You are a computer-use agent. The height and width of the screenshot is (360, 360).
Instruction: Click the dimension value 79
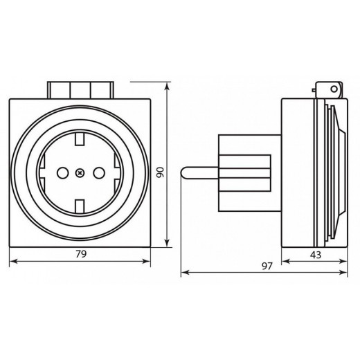point(80,254)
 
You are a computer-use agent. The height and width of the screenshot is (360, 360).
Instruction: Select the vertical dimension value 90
point(160,172)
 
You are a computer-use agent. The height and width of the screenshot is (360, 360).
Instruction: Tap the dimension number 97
point(268,266)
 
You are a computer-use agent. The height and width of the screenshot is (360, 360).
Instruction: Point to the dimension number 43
point(315,254)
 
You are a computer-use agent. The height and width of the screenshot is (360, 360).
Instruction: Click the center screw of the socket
point(80,172)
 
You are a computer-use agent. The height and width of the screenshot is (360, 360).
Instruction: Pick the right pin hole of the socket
point(98,172)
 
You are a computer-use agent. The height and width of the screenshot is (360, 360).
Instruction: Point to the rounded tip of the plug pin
point(183,172)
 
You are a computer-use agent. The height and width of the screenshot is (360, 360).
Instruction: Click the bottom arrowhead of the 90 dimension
point(168,243)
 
